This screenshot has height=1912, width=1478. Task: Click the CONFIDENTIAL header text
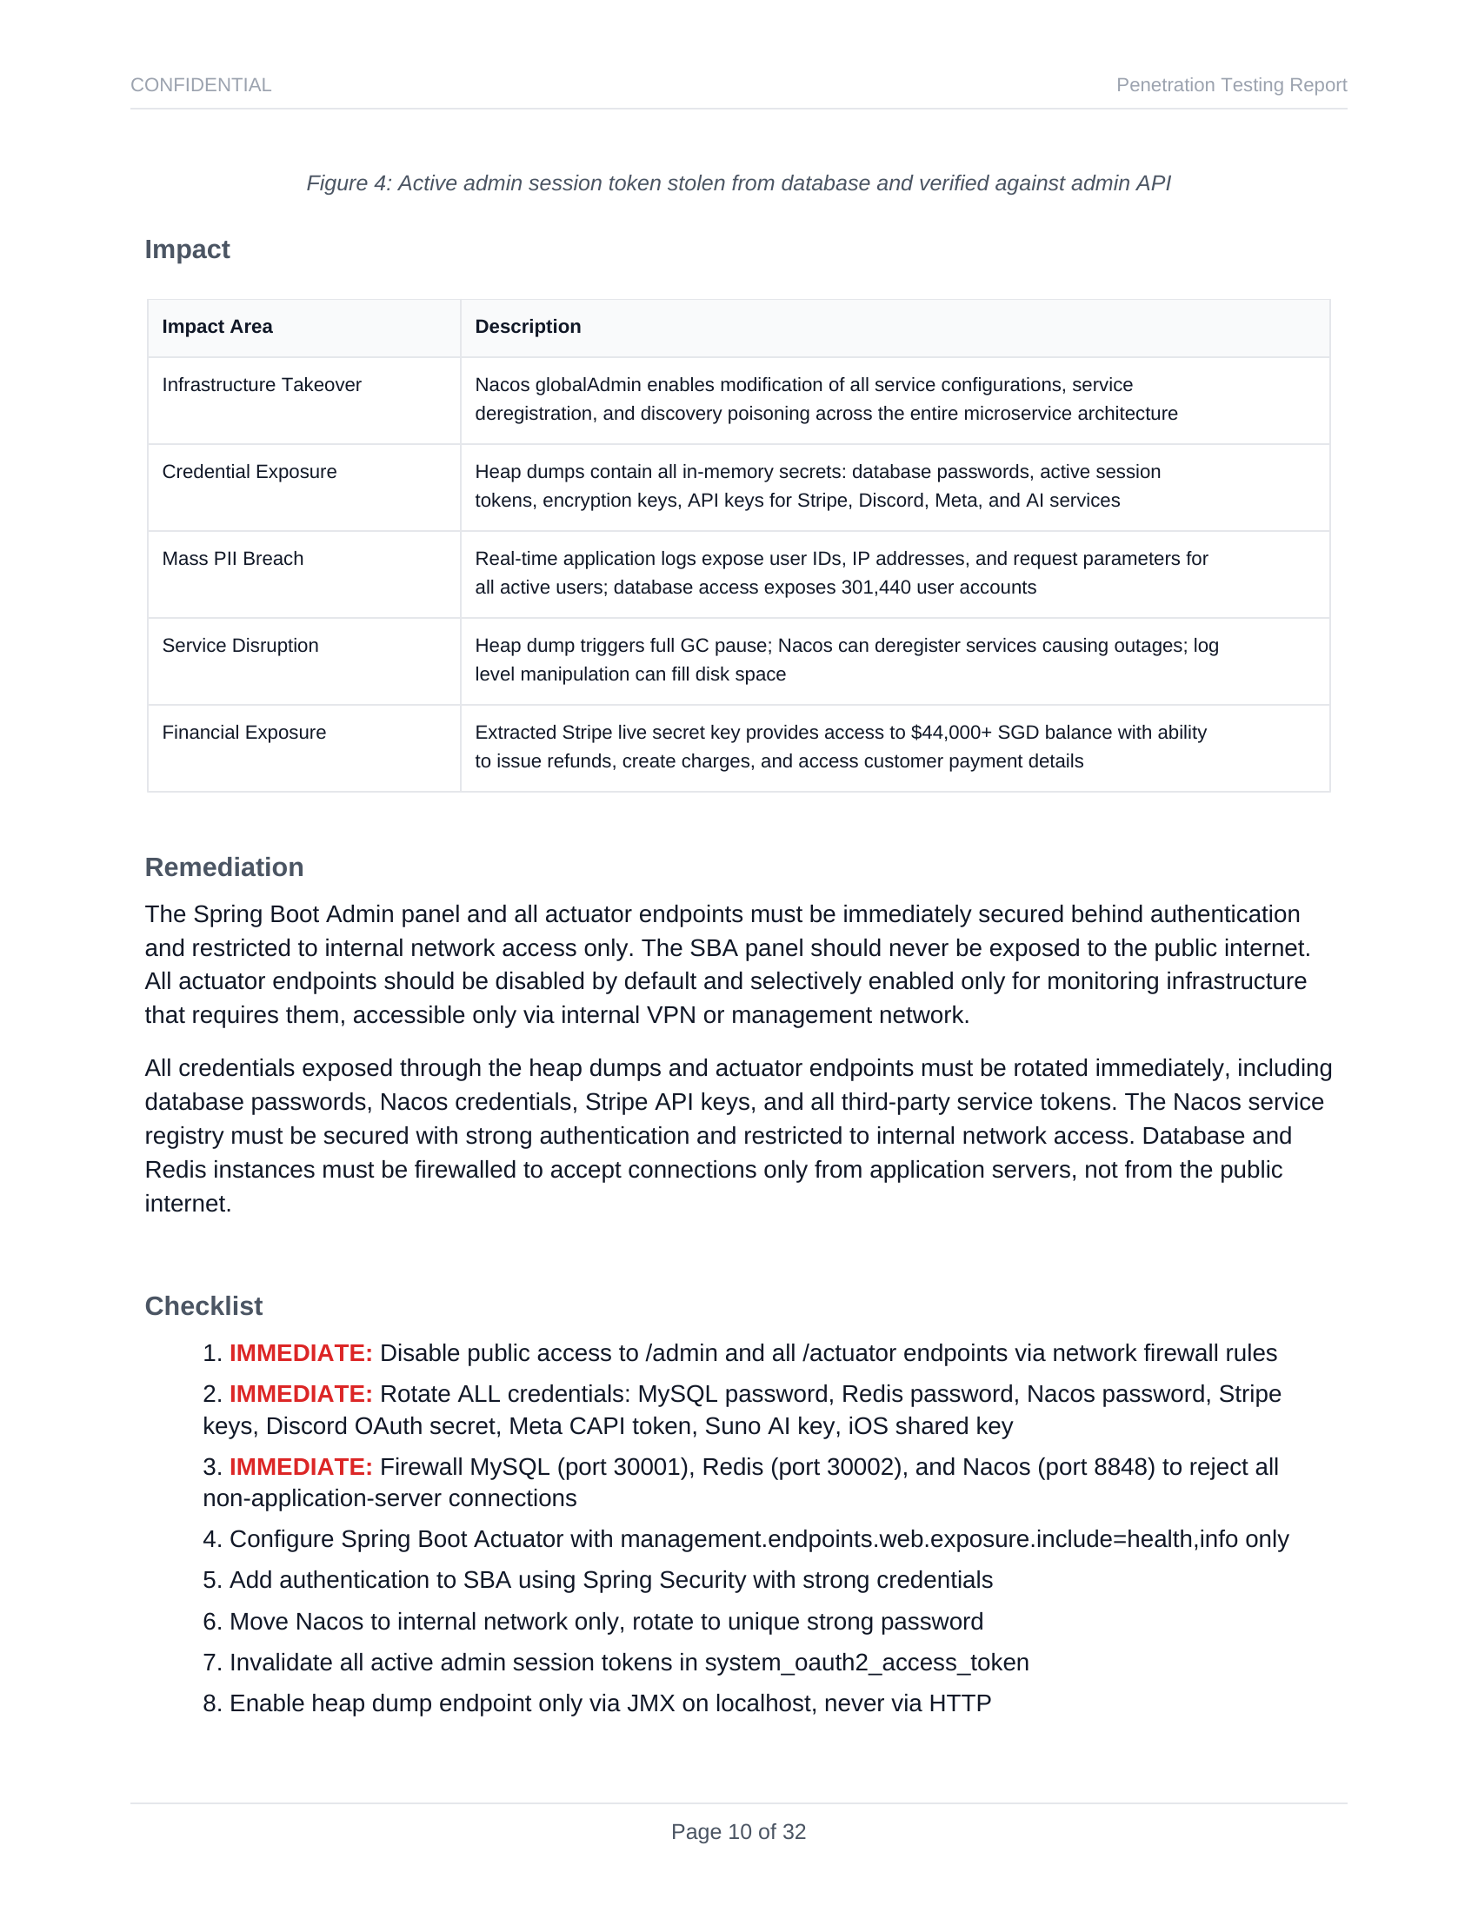(x=201, y=85)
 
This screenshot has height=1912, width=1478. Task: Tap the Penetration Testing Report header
(x=1230, y=85)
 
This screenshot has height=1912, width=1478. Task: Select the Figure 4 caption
(x=738, y=183)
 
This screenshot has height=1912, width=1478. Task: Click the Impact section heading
(x=188, y=249)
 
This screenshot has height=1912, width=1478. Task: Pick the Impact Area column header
(x=217, y=327)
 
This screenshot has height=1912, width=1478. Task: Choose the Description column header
(x=528, y=327)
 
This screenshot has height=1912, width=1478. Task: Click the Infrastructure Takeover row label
(x=262, y=385)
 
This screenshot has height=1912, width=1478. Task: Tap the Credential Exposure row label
(x=250, y=472)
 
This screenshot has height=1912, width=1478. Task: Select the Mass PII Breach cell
(x=233, y=559)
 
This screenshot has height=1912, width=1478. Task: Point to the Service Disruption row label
(x=240, y=645)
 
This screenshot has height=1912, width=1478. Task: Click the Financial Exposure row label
(x=244, y=733)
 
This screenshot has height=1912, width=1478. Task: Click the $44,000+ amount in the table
(x=951, y=733)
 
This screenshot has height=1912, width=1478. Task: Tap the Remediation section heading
(x=224, y=867)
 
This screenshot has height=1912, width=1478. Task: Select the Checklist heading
(x=203, y=1306)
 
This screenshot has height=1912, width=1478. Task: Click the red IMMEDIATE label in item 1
(x=301, y=1353)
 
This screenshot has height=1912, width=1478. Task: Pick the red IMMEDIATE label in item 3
(x=301, y=1467)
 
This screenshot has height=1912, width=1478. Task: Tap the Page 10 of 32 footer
(x=738, y=1832)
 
